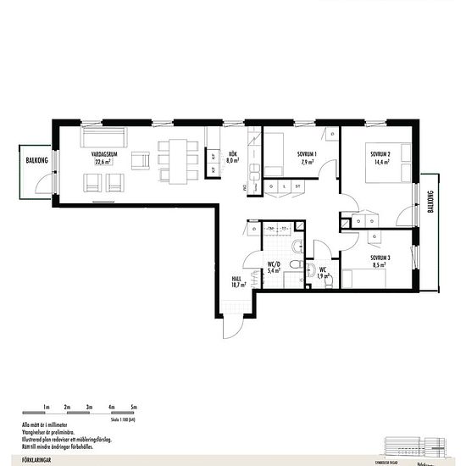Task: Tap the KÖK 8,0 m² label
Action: [x=232, y=157]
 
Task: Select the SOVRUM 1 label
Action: [x=307, y=157]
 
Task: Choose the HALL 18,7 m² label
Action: [x=238, y=281]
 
